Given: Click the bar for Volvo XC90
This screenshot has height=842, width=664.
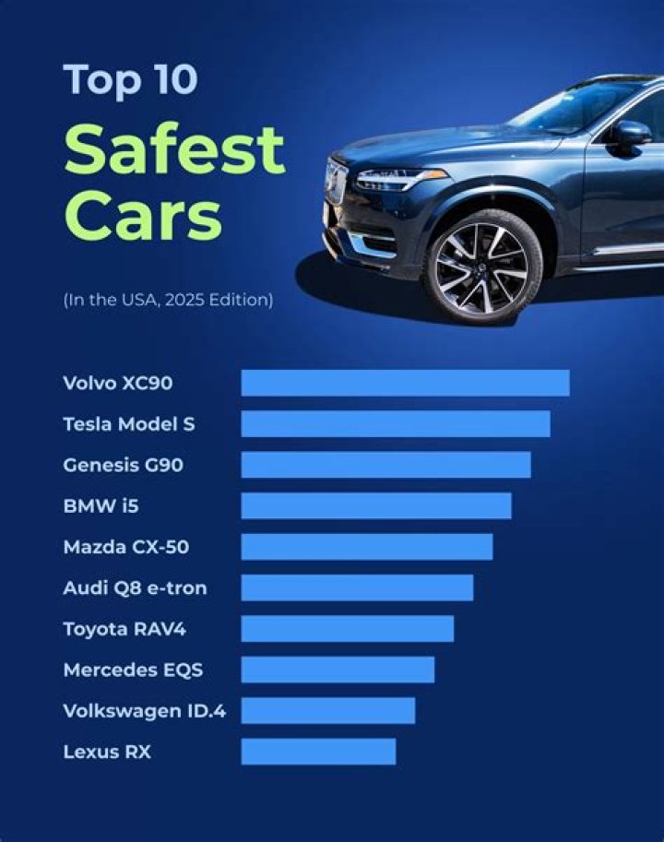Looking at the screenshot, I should (x=405, y=383).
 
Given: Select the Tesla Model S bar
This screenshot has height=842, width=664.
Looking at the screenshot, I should (x=396, y=424).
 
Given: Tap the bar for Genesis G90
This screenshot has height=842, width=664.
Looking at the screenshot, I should (x=385, y=465).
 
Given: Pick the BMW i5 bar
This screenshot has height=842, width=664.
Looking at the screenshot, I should (x=376, y=505).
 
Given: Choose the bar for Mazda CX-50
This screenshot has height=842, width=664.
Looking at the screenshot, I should (x=367, y=547).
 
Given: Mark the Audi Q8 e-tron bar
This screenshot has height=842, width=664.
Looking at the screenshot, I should (x=357, y=587).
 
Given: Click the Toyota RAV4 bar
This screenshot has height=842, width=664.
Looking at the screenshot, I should (x=348, y=629).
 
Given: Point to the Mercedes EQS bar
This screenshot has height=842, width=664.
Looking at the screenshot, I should (x=338, y=670).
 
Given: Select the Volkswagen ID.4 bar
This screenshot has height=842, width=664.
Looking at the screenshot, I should (x=328, y=710).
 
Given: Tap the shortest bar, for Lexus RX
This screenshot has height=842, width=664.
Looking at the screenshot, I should (x=318, y=752).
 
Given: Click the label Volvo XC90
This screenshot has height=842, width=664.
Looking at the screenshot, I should (x=118, y=383).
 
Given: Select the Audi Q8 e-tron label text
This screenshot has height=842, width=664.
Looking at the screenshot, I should (x=135, y=587).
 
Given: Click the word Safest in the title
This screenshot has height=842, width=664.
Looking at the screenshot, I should (x=174, y=149).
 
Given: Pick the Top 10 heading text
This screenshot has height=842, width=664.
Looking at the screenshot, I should (x=129, y=80).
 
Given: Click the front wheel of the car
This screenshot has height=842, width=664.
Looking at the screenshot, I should (x=481, y=267).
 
